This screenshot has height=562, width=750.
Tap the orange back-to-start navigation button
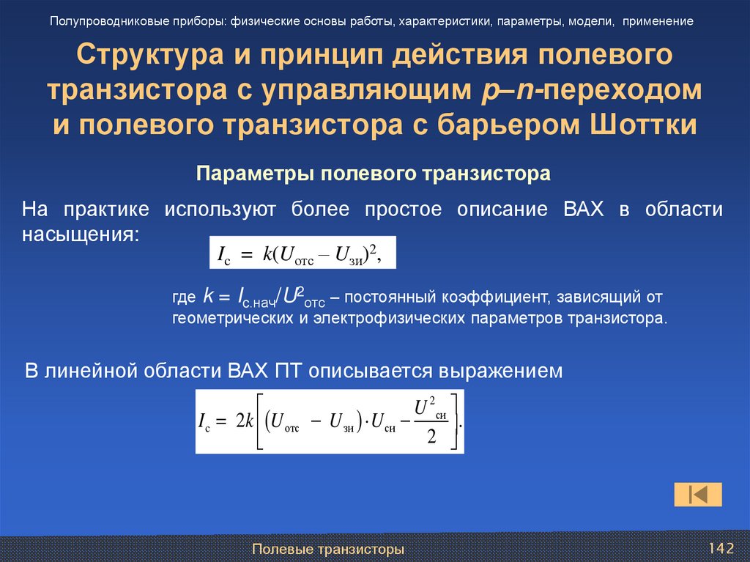tap(697, 495)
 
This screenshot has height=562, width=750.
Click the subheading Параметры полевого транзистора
tap(373, 174)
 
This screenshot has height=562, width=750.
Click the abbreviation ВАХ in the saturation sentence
tap(583, 210)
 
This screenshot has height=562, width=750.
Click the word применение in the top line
tap(658, 21)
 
